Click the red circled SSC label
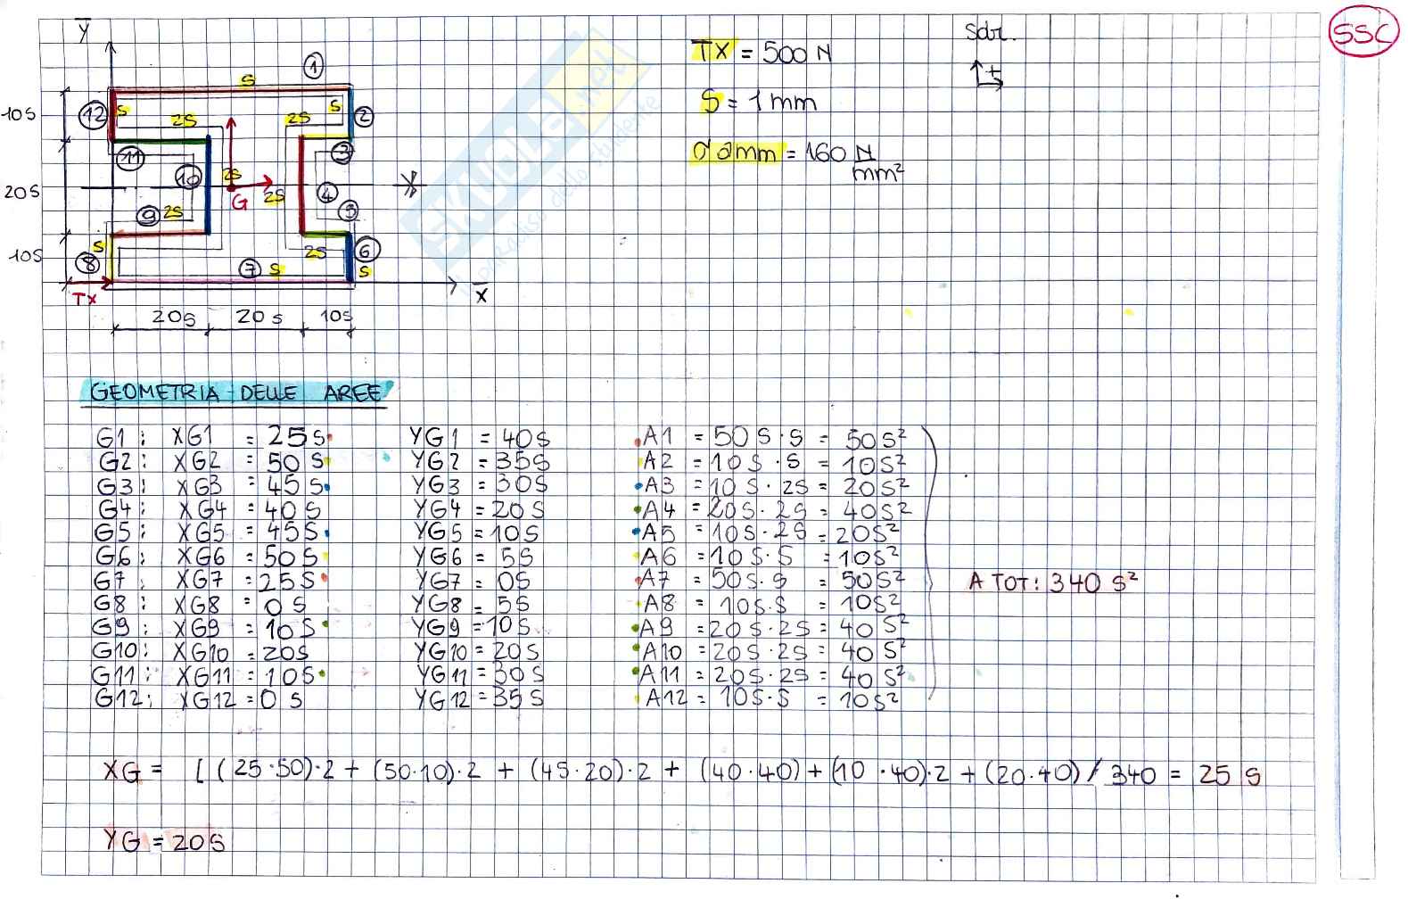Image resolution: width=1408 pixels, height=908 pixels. tap(1362, 35)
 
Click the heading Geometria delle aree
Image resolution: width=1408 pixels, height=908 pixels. tap(236, 392)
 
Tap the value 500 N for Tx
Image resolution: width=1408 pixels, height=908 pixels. tap(796, 54)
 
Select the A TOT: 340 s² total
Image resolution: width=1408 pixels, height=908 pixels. tap(1053, 583)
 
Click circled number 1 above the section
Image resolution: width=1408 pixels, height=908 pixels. tap(312, 65)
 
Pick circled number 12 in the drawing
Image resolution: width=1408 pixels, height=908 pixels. tap(92, 114)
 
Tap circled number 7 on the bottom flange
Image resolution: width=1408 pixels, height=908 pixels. tap(251, 268)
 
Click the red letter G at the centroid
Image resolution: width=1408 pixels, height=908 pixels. tap(239, 202)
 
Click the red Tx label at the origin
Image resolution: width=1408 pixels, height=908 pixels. tap(85, 300)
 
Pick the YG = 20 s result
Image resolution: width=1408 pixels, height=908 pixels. tap(164, 840)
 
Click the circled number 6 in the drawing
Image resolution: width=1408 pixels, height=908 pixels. tap(364, 251)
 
